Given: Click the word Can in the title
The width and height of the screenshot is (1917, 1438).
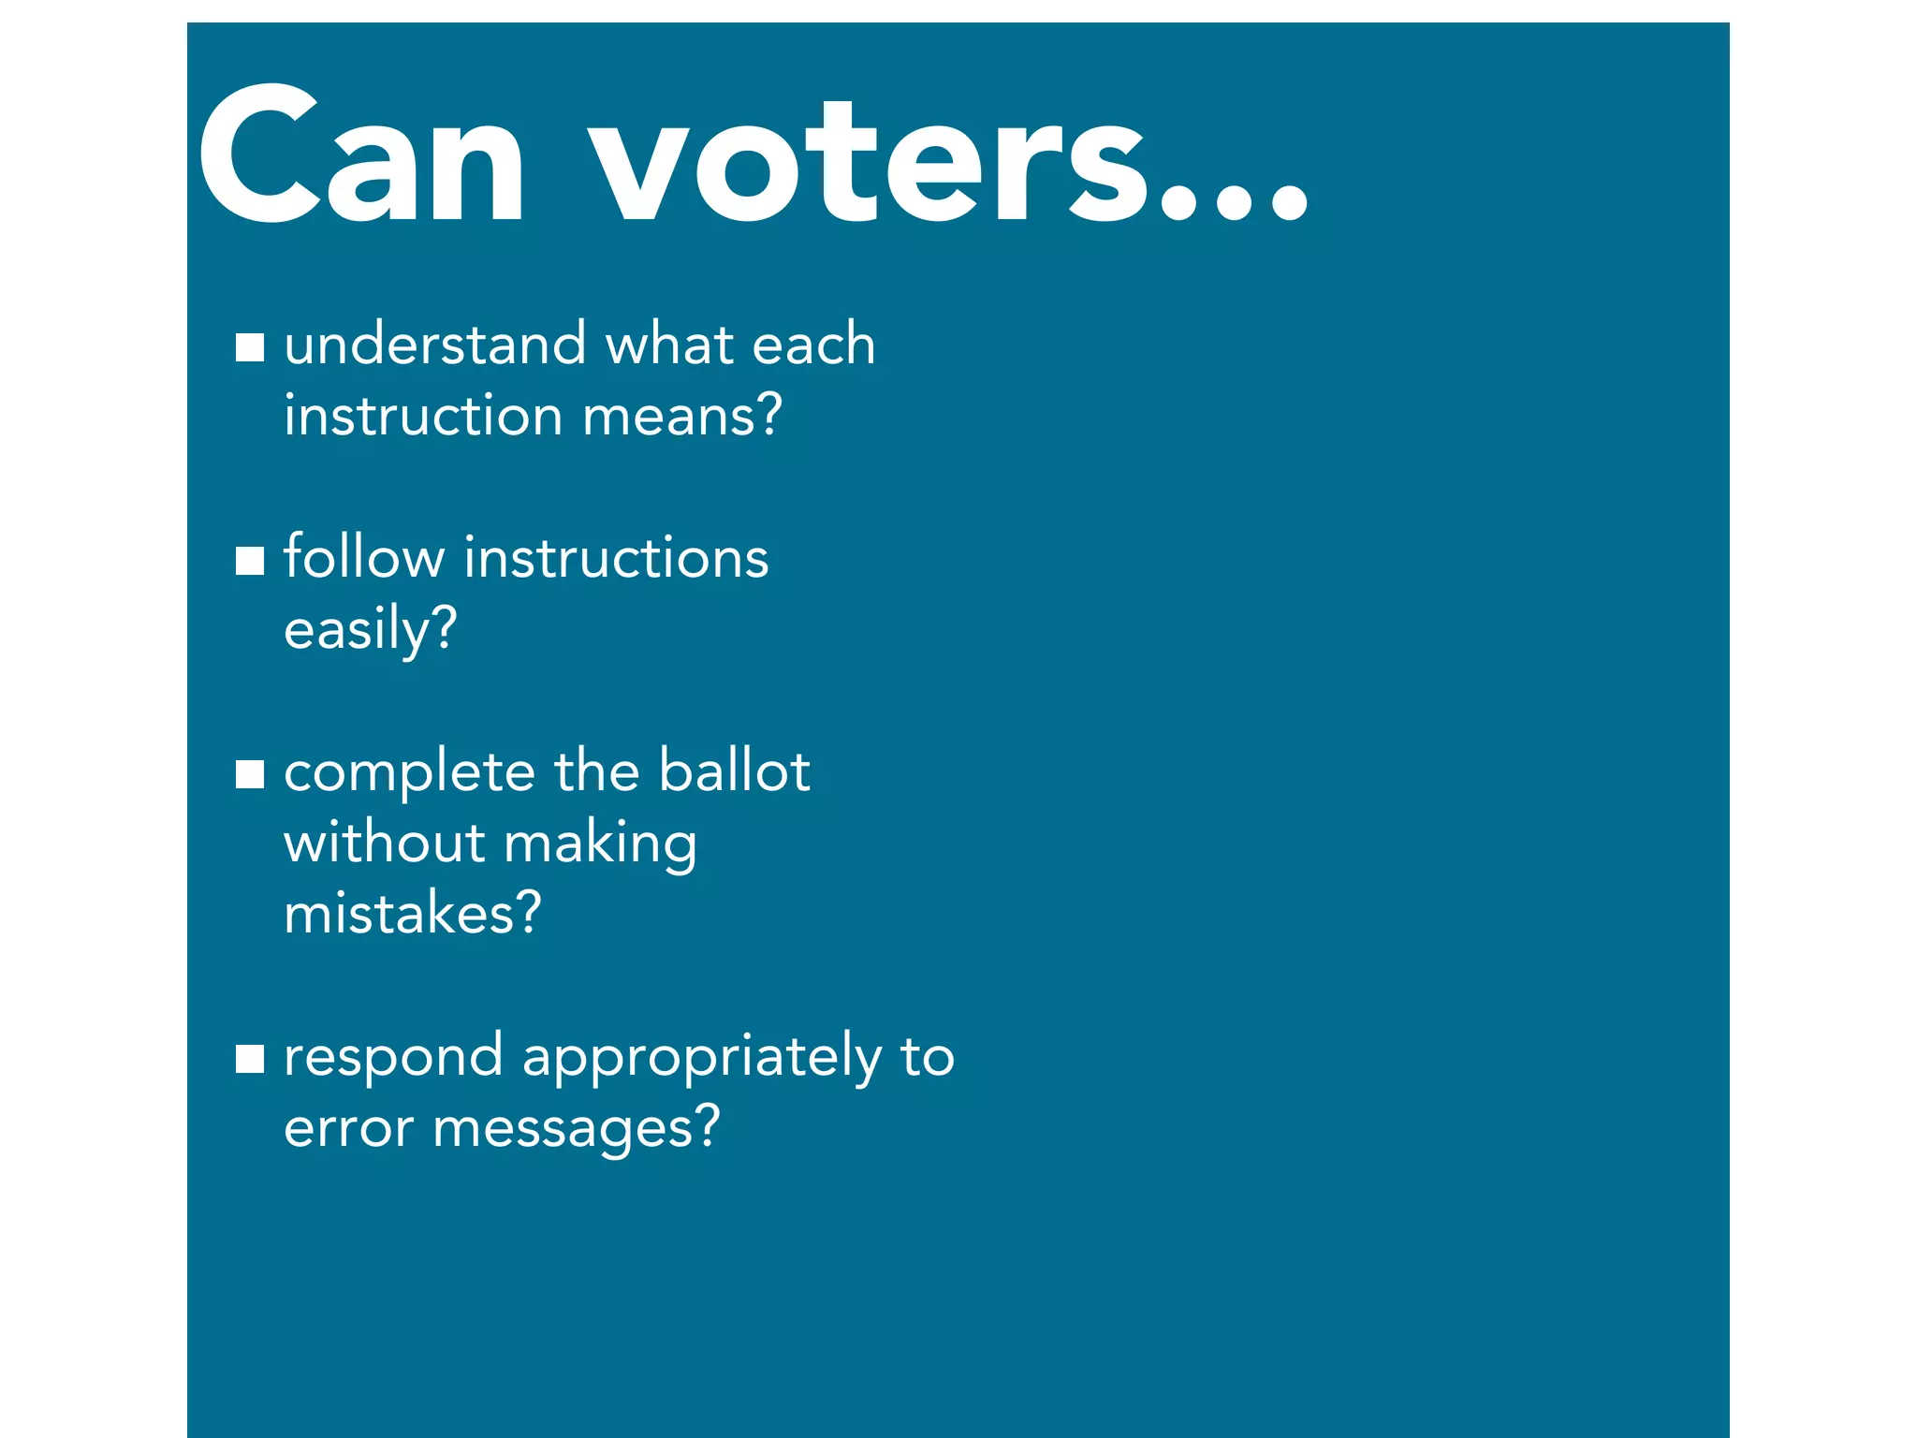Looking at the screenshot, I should pos(360,157).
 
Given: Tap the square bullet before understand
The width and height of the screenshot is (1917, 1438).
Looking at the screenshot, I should pos(250,347).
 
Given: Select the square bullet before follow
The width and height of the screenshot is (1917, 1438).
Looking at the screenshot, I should pos(250,561).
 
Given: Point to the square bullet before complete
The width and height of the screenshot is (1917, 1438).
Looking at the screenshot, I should pos(250,774).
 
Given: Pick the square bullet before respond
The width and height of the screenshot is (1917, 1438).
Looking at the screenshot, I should pos(250,1059).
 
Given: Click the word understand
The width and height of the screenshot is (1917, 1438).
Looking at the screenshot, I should pos(435,344).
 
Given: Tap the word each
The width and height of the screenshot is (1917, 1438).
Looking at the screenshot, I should pos(812,344).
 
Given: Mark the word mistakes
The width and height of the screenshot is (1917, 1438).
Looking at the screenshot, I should pos(412,913).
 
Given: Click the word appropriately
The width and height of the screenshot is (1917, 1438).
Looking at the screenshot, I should pos(701,1059).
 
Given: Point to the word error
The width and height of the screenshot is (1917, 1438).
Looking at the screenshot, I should pos(348,1128).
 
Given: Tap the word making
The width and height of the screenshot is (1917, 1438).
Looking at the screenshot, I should pos(601,844).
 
